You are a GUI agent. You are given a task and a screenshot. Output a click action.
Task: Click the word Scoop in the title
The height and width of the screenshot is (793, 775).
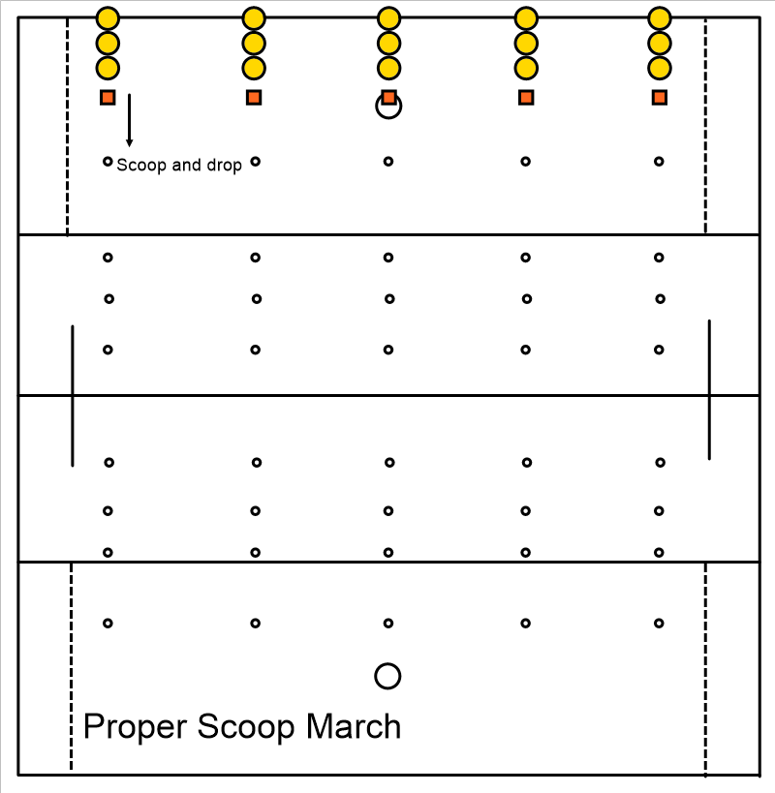[245, 728]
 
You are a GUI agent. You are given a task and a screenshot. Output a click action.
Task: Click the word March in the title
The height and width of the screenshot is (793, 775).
[354, 726]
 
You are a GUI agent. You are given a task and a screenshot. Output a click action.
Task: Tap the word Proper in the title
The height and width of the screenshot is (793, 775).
[136, 728]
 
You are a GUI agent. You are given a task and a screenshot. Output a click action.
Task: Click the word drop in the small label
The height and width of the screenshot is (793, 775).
[224, 166]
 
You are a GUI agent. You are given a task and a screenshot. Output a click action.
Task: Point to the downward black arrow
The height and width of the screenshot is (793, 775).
[130, 120]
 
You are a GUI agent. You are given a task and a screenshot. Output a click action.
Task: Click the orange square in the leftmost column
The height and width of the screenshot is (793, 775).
[108, 98]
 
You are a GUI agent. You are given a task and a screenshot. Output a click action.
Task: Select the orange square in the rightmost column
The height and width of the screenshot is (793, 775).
[660, 98]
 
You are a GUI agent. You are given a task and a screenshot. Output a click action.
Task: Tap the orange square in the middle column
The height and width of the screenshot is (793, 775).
[388, 98]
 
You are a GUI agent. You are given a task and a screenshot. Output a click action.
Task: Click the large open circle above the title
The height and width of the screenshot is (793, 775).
[388, 663]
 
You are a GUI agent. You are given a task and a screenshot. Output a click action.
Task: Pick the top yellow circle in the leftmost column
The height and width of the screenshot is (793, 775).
[108, 18]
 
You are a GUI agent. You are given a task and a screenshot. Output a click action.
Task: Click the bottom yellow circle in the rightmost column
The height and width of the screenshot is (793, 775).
[660, 69]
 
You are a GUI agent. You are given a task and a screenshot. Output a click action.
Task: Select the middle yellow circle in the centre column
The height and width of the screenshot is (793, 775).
[389, 44]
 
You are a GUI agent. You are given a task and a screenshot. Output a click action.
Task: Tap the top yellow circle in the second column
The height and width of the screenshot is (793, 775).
[254, 18]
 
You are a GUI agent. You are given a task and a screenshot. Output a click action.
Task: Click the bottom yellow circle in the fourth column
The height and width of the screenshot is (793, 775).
[526, 69]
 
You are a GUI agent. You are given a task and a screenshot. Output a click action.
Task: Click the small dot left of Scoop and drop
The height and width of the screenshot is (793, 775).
[108, 162]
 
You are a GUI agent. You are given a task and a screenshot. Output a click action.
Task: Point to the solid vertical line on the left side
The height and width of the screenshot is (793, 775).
[73, 396]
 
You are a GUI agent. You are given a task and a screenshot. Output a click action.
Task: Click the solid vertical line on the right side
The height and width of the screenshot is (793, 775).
[709, 389]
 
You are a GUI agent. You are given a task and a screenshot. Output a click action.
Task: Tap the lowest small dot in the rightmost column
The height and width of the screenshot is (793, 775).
[659, 624]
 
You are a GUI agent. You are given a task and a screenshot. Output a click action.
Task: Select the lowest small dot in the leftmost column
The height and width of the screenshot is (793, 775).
[108, 624]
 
